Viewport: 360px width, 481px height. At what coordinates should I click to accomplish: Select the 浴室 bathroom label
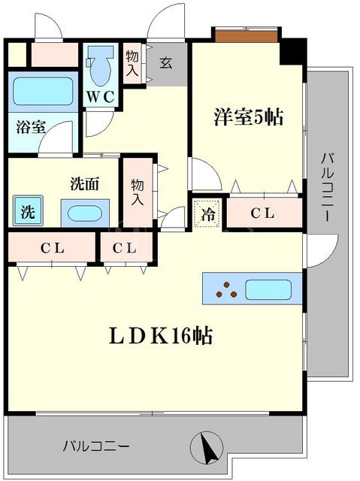tap(31, 127)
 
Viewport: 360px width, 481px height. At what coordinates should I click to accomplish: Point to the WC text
tap(99, 96)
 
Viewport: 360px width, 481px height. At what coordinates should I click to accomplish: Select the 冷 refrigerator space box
tap(208, 213)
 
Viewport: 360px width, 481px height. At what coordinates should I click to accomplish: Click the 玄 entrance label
tap(165, 63)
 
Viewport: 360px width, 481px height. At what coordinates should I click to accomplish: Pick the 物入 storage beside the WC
tap(132, 63)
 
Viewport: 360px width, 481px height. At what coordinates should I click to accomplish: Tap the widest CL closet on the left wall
tap(52, 247)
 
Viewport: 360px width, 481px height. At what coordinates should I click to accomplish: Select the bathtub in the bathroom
tap(42, 92)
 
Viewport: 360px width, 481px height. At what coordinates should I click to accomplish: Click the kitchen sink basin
tap(268, 289)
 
